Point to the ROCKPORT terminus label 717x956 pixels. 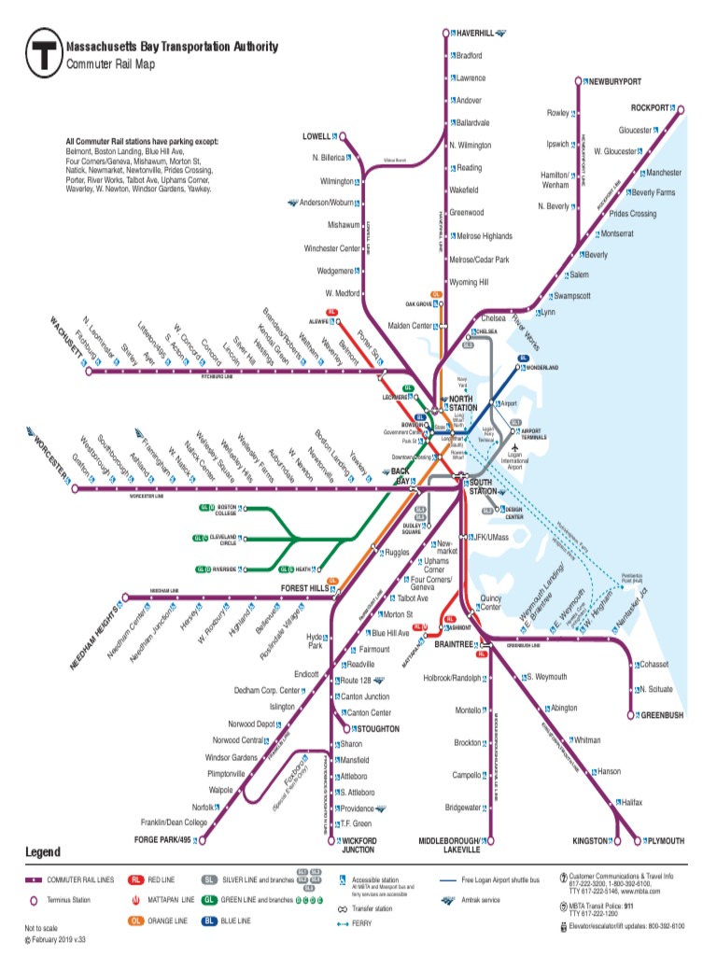tap(651, 108)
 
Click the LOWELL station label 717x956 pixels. tap(316, 136)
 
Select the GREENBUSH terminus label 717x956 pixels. tap(662, 715)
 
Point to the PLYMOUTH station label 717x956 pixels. tap(665, 840)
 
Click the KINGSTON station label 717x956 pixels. tap(591, 840)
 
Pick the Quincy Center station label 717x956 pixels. tap(491, 602)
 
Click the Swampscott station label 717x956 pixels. tap(572, 296)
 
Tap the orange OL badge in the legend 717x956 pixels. tap(136, 922)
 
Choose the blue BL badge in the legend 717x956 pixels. tap(210, 922)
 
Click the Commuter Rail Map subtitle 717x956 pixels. tap(110, 64)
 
